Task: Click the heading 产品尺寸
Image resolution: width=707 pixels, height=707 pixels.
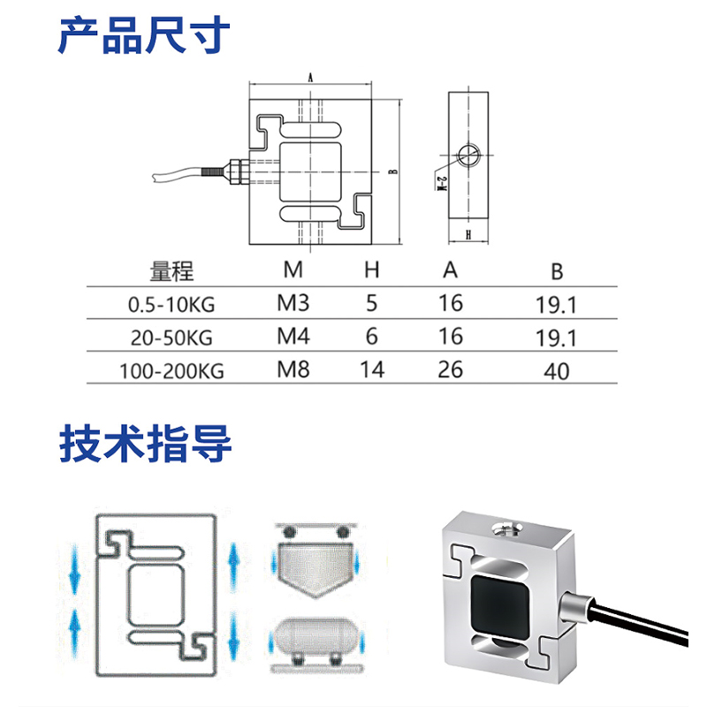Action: (144, 34)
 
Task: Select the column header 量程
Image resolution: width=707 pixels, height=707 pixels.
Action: (171, 271)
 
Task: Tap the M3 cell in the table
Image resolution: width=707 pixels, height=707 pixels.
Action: (293, 303)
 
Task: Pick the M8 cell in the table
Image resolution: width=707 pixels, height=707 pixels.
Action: (293, 369)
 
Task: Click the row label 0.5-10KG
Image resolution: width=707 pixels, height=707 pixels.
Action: (171, 305)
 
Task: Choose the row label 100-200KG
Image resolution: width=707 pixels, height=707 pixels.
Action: (171, 371)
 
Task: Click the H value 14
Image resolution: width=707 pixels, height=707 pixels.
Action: (372, 369)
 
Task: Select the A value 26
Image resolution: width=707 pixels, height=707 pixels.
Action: (451, 369)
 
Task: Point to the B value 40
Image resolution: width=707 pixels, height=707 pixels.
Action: (557, 371)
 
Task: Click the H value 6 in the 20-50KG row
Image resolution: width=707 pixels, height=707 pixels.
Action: (371, 337)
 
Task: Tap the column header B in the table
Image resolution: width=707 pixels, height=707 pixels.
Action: (557, 272)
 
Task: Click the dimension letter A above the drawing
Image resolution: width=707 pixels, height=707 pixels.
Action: (310, 78)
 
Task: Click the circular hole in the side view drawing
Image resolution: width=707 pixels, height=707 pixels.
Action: (469, 156)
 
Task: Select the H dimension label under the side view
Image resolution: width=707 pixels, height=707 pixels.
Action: (468, 234)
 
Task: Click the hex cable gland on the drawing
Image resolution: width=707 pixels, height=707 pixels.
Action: (236, 171)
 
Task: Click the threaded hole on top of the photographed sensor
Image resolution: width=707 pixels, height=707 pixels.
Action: (506, 528)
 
